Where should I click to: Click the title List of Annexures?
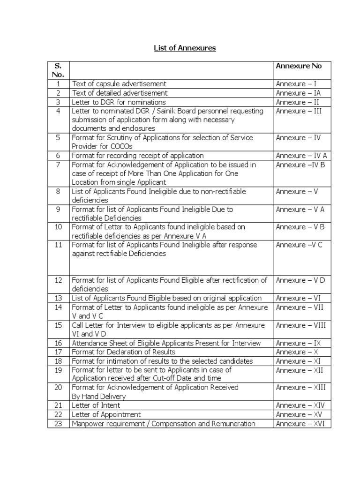coord(180,48)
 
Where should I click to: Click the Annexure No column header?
coord(299,66)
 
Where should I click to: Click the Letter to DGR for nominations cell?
coord(119,102)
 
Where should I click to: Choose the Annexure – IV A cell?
coord(301,155)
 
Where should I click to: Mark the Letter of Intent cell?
coord(96,405)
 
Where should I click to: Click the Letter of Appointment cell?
coord(106,414)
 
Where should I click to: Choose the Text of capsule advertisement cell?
coord(119,84)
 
